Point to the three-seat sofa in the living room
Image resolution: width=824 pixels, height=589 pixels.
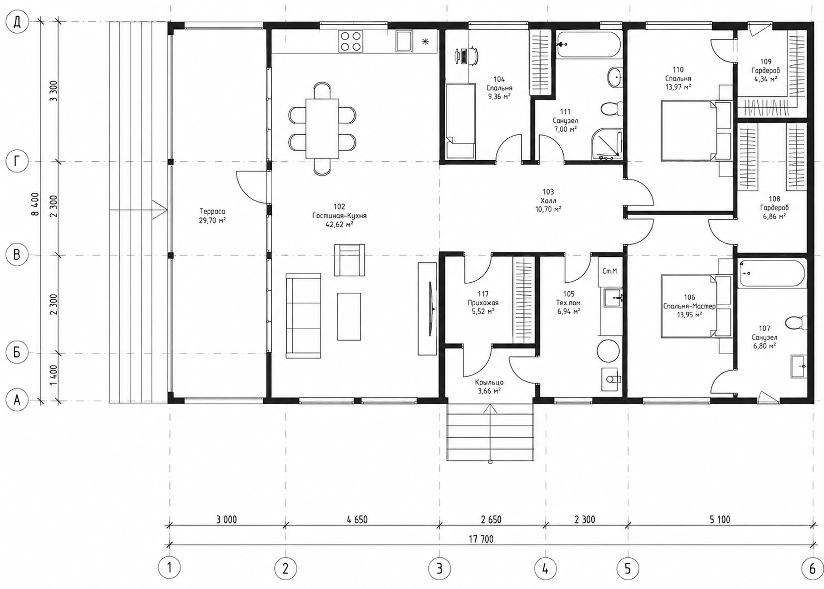(x=303, y=315)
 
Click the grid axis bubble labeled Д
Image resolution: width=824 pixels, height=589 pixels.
(x=17, y=23)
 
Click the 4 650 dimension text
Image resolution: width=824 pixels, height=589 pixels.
(x=357, y=519)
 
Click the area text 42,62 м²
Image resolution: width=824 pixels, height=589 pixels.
(x=339, y=225)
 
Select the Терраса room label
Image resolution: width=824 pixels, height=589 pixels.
(x=212, y=211)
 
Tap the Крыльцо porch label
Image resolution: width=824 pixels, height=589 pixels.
(x=489, y=382)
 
